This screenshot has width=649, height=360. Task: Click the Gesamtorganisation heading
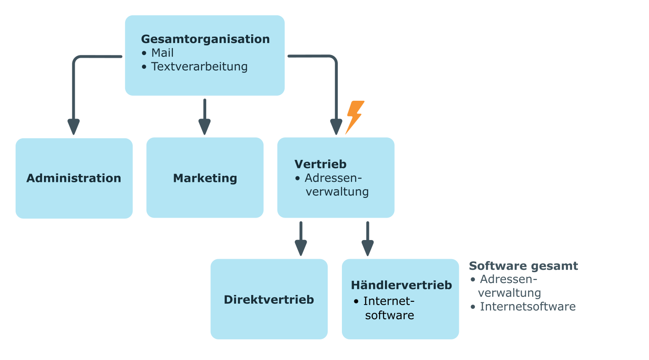click(205, 39)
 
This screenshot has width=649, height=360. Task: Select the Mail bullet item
click(162, 53)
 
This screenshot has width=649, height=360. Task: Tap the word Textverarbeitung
click(199, 66)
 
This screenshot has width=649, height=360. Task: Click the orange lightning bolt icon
click(355, 117)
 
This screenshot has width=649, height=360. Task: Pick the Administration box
click(74, 178)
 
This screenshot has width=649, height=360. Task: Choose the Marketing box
click(205, 178)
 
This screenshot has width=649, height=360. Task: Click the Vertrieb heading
click(320, 164)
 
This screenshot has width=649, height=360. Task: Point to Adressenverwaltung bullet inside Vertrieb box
click(336, 185)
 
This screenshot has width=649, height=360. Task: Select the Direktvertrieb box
click(269, 300)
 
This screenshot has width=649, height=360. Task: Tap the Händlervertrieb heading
click(401, 285)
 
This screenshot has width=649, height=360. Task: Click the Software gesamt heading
click(523, 266)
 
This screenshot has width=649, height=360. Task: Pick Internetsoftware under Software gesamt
click(527, 306)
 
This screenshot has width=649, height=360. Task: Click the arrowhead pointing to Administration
click(73, 127)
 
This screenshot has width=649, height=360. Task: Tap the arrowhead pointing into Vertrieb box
click(336, 127)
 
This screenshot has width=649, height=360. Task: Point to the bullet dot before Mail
click(144, 53)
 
